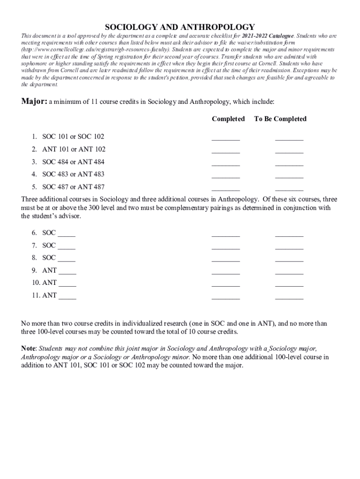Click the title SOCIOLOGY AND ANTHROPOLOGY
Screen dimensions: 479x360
(x=180, y=27)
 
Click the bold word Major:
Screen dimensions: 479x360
(x=34, y=102)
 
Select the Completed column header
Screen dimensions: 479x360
(x=228, y=119)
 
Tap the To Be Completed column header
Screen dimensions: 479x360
(x=280, y=119)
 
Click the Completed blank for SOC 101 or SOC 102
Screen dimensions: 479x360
(x=226, y=138)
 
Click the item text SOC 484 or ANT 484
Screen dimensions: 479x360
(x=73, y=162)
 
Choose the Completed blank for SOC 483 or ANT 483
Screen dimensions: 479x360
(x=226, y=176)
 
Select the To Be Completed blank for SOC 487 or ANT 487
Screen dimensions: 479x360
(x=289, y=189)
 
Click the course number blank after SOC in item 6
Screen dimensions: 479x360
(x=66, y=235)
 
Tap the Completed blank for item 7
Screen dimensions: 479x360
(x=226, y=247)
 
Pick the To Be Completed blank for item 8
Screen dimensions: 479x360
(x=289, y=260)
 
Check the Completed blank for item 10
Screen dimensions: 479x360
(x=226, y=285)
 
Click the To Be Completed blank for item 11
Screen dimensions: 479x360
(x=289, y=298)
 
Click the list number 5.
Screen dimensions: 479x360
(x=34, y=187)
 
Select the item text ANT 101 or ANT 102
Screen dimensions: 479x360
(x=74, y=149)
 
